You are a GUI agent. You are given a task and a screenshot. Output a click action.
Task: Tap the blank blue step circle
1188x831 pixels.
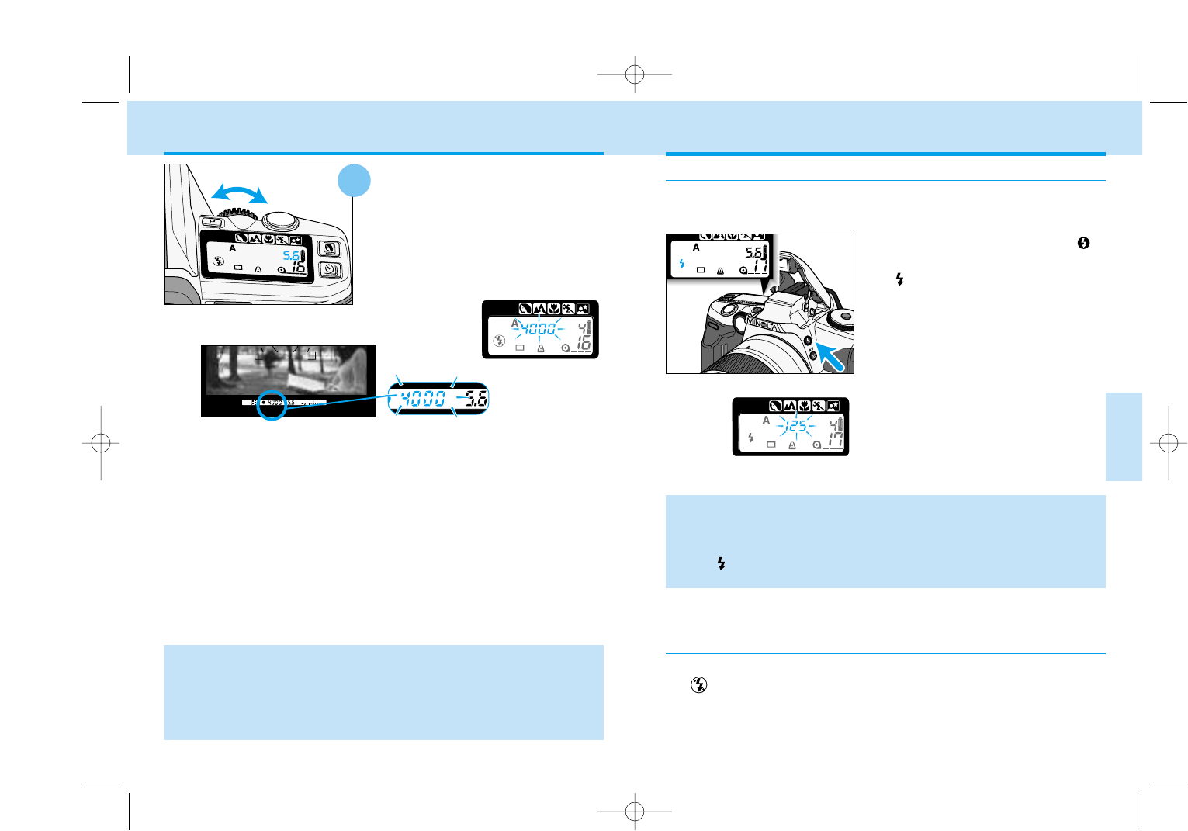[x=354, y=180]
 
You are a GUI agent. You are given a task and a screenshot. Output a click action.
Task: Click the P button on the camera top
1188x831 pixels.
[x=211, y=222]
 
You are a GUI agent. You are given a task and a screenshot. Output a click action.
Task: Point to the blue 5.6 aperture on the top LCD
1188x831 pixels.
[x=291, y=255]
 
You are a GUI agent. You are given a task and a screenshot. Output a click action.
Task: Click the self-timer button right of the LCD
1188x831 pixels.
[x=330, y=270]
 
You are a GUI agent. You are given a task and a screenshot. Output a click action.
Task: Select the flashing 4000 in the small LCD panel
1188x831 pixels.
[x=537, y=329]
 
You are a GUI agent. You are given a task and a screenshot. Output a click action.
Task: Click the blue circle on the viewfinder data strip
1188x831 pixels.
[x=272, y=403]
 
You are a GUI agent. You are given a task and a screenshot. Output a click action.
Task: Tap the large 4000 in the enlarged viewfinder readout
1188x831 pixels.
[x=423, y=399]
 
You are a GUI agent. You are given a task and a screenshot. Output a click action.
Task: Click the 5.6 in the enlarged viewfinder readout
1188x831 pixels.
[x=475, y=399]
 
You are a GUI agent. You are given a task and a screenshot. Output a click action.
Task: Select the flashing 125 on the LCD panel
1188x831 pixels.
[x=796, y=426]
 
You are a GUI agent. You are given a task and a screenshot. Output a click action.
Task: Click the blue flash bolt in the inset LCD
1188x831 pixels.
[x=682, y=264]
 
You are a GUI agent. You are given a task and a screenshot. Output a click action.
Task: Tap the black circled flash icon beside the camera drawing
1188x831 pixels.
[x=1083, y=243]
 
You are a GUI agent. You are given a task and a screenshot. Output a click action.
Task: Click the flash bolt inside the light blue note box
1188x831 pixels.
[x=722, y=564]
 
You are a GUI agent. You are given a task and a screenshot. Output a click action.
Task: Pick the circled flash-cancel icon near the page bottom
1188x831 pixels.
[x=698, y=685]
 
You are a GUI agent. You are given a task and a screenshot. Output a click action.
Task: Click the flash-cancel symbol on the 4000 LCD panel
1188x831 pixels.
[x=499, y=340]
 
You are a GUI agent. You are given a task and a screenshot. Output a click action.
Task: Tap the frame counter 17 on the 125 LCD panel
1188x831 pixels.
[x=833, y=441]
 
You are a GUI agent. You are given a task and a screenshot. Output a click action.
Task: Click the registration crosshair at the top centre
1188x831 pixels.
[x=635, y=74]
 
